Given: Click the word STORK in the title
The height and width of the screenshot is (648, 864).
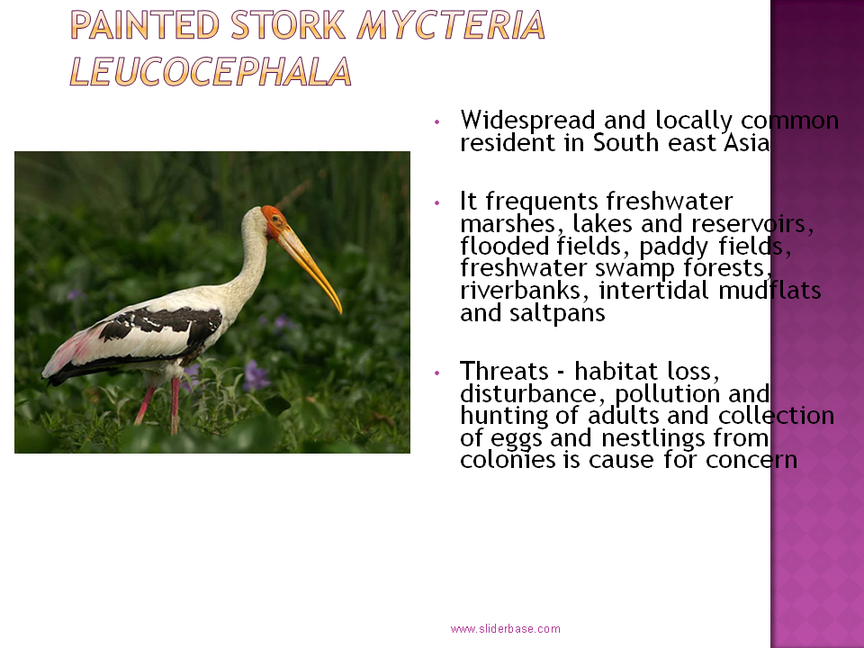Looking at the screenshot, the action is pos(288,25).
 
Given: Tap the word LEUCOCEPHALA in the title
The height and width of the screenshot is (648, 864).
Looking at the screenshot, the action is pos(211,72).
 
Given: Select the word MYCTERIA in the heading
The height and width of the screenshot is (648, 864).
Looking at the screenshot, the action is pos(451,25).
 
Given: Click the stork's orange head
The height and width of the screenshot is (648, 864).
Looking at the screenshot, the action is pos(274,220).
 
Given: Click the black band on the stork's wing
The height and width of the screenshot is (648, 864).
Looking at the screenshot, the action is pos(163,325).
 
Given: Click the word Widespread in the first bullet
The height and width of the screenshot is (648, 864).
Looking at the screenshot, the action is pos(528,120).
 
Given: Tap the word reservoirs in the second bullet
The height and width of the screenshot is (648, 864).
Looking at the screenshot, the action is pos(752,224).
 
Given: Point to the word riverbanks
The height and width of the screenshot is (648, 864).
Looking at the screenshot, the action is pos(520,291).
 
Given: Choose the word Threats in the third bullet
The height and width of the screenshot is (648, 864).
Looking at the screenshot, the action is pos(504,371).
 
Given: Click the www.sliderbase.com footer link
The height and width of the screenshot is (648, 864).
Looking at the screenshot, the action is pos(505,629).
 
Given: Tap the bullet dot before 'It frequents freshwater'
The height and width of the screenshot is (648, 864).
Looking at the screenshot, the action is pos(437,202).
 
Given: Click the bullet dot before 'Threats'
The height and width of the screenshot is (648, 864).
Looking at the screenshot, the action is pos(437,373).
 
